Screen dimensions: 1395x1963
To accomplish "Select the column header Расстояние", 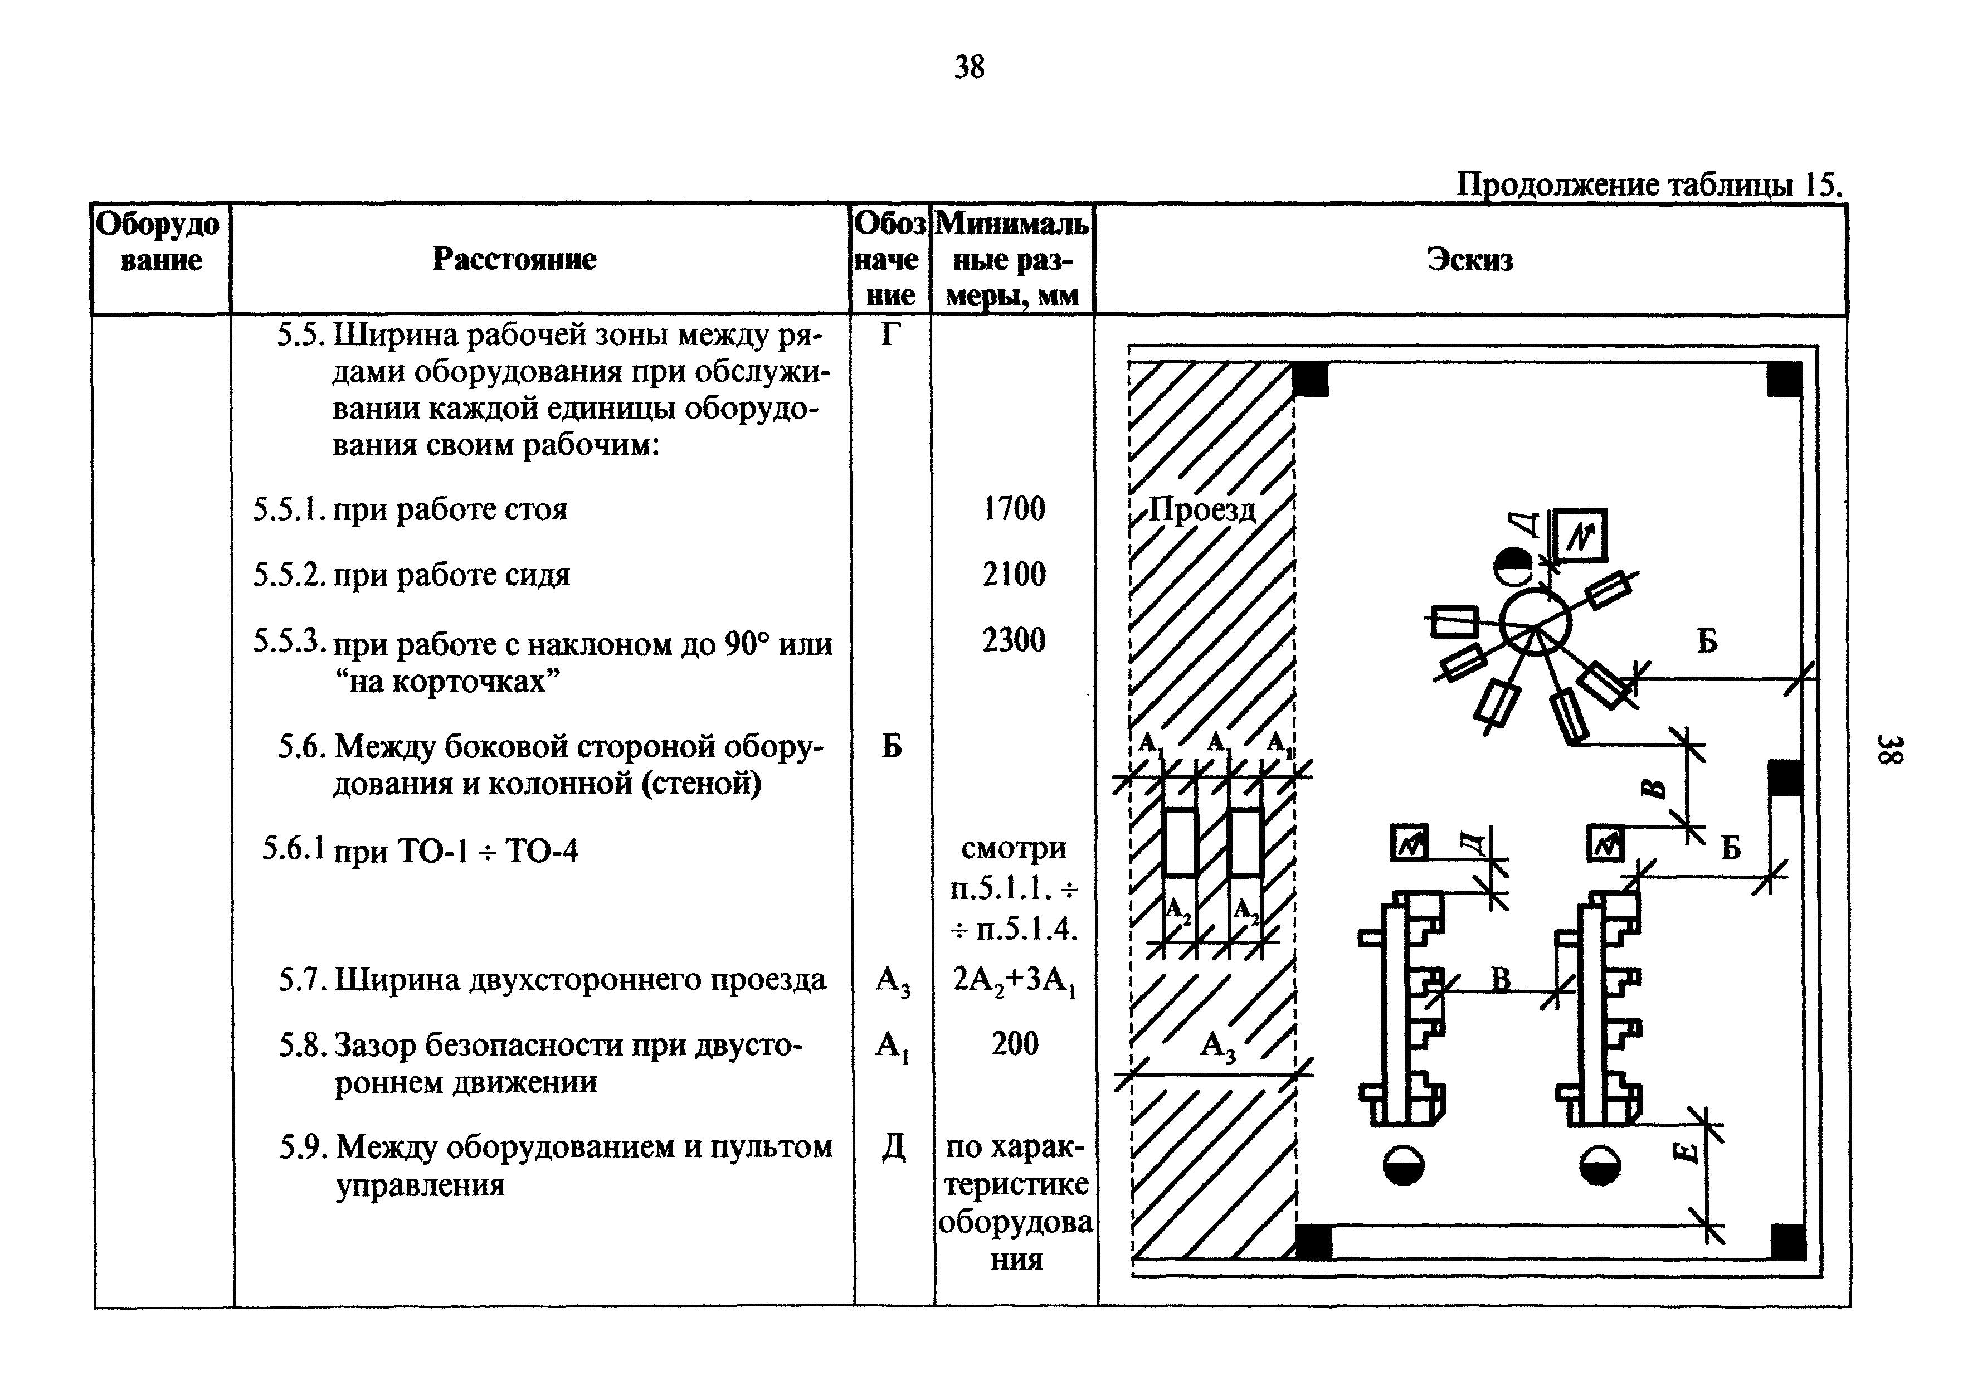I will point(514,259).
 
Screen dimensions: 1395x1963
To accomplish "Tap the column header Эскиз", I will point(1469,259).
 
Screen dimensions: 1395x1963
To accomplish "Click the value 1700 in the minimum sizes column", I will point(1014,508).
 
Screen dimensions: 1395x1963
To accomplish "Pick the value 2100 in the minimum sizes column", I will point(1014,574).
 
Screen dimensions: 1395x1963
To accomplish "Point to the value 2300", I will point(1014,640).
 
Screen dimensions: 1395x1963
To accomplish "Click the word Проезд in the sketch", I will point(1202,511).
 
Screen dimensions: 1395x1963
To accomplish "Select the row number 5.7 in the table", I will point(300,979).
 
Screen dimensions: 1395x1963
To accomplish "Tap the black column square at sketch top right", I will point(1784,379).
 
